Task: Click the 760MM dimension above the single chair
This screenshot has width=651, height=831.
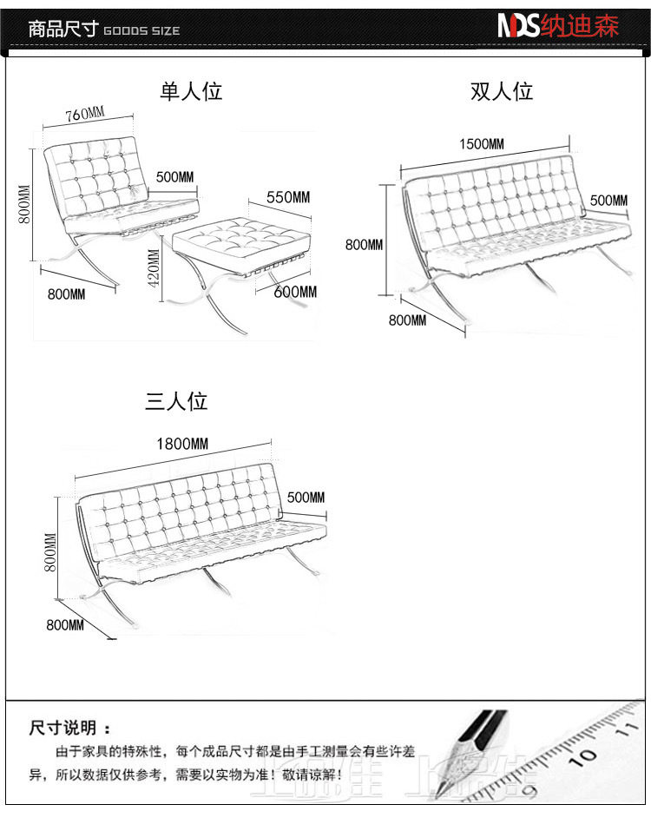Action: (x=84, y=114)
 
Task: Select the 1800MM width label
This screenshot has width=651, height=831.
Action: (x=182, y=444)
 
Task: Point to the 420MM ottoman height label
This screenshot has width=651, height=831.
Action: (x=154, y=268)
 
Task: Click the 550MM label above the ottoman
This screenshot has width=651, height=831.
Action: (x=287, y=197)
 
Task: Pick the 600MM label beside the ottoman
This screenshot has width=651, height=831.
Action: (x=295, y=292)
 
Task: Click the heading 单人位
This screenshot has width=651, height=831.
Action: (x=191, y=91)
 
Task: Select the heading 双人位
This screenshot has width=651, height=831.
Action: (x=502, y=91)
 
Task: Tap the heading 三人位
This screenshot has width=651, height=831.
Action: (x=176, y=402)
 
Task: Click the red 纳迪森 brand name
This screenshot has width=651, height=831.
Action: (x=580, y=26)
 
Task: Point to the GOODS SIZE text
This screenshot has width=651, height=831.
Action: (x=141, y=31)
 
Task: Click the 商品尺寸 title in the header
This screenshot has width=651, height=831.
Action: (x=62, y=29)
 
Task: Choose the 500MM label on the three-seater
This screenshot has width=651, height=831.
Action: (x=306, y=498)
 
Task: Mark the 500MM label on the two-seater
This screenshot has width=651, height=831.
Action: (x=608, y=201)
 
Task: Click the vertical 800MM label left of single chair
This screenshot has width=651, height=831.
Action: (x=25, y=204)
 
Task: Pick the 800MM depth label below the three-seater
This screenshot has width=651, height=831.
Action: (x=65, y=625)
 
